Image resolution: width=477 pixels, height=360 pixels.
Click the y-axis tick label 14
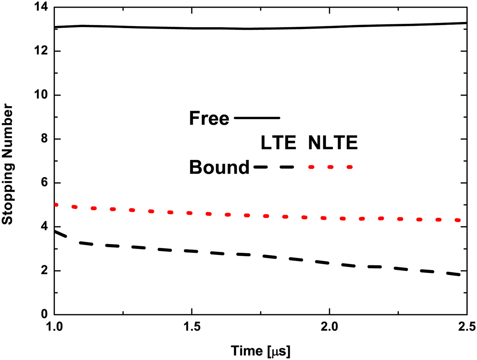[41, 7]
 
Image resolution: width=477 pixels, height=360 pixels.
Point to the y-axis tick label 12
[41, 51]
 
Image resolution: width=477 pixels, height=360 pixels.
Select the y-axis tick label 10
[41, 95]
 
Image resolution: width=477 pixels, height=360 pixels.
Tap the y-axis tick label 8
[44, 139]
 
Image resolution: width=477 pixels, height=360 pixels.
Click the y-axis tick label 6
[44, 183]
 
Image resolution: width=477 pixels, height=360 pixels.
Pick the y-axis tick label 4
[44, 227]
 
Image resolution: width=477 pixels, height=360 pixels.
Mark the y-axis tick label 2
[44, 271]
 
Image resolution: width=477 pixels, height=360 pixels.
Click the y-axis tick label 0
[44, 314]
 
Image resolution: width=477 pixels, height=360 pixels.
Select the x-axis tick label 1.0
[55, 327]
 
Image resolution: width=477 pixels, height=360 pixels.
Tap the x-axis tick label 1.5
[192, 327]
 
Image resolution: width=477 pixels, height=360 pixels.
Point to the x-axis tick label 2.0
[329, 327]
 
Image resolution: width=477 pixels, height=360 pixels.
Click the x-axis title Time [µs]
[261, 351]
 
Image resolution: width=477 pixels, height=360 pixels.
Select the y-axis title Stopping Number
[7, 164]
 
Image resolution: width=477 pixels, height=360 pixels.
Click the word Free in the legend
[209, 118]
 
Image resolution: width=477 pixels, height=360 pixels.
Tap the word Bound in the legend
[219, 167]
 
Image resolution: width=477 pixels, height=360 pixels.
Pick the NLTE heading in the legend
[333, 142]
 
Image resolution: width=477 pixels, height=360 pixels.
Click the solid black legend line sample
[257, 118]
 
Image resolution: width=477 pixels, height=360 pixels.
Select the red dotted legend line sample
[330, 167]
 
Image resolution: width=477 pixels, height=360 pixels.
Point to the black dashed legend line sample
[274, 167]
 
